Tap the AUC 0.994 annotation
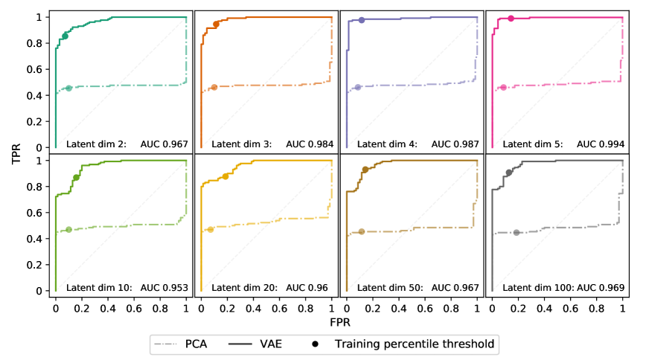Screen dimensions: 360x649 [x=601, y=144]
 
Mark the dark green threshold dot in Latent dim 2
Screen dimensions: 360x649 [x=65, y=36]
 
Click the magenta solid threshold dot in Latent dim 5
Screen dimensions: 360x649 [x=511, y=19]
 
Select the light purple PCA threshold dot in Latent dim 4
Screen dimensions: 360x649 [x=358, y=88]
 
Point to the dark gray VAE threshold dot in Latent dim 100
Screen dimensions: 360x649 [x=509, y=173]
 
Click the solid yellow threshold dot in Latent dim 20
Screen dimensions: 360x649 [x=226, y=176]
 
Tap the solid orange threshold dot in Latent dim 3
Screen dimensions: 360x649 [x=216, y=25]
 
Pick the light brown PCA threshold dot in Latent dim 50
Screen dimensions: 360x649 [x=362, y=232]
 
